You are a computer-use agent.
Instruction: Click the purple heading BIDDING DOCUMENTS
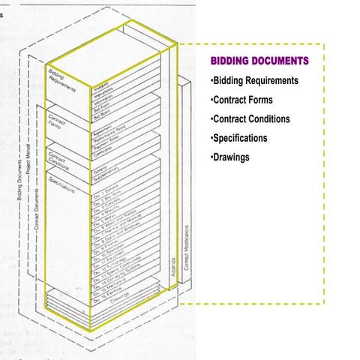click(258, 60)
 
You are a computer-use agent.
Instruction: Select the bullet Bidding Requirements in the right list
click(255, 80)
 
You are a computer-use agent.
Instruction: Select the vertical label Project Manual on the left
click(28, 157)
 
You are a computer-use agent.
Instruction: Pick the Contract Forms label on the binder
click(58, 123)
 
